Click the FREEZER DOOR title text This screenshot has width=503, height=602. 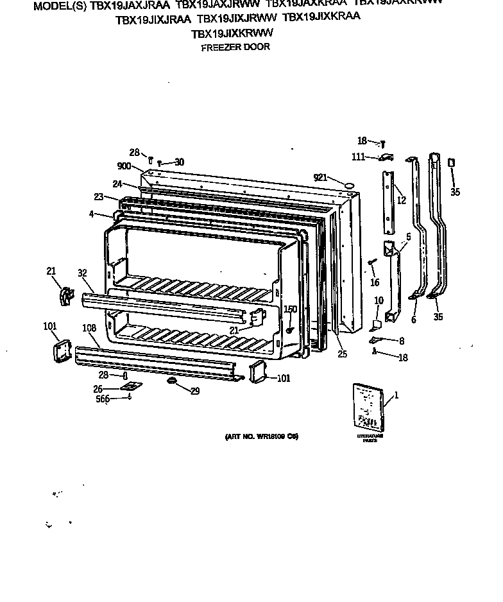pos(235,47)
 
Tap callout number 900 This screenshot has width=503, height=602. pos(124,166)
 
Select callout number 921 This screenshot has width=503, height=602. pos(321,178)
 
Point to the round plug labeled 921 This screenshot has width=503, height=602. pos(349,185)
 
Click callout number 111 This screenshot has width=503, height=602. pos(359,157)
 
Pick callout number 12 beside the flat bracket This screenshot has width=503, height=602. pos(401,201)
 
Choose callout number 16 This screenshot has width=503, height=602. pos(375,282)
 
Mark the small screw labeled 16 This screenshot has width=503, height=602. pos(371,262)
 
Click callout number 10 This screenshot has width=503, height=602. pos(379,300)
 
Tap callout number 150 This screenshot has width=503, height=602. pos(291,309)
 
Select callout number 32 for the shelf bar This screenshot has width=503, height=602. pos(82,273)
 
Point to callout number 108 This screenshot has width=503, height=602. pos(89,329)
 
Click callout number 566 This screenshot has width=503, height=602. pos(102,399)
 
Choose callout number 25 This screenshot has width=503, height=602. pos(341,353)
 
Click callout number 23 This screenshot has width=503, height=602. pos(98,198)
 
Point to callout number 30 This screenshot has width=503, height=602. pos(179,162)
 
